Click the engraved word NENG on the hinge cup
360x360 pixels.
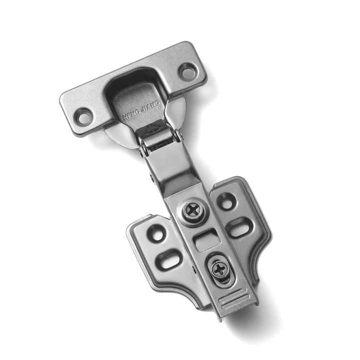click(x=131, y=113)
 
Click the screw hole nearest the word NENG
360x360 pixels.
click(x=83, y=117)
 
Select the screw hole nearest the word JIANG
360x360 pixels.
click(x=188, y=71)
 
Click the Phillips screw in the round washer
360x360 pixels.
click(x=192, y=210)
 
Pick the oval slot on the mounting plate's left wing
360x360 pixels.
click(x=169, y=259)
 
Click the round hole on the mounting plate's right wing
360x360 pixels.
click(x=226, y=200)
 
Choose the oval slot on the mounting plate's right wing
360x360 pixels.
click(x=240, y=227)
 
